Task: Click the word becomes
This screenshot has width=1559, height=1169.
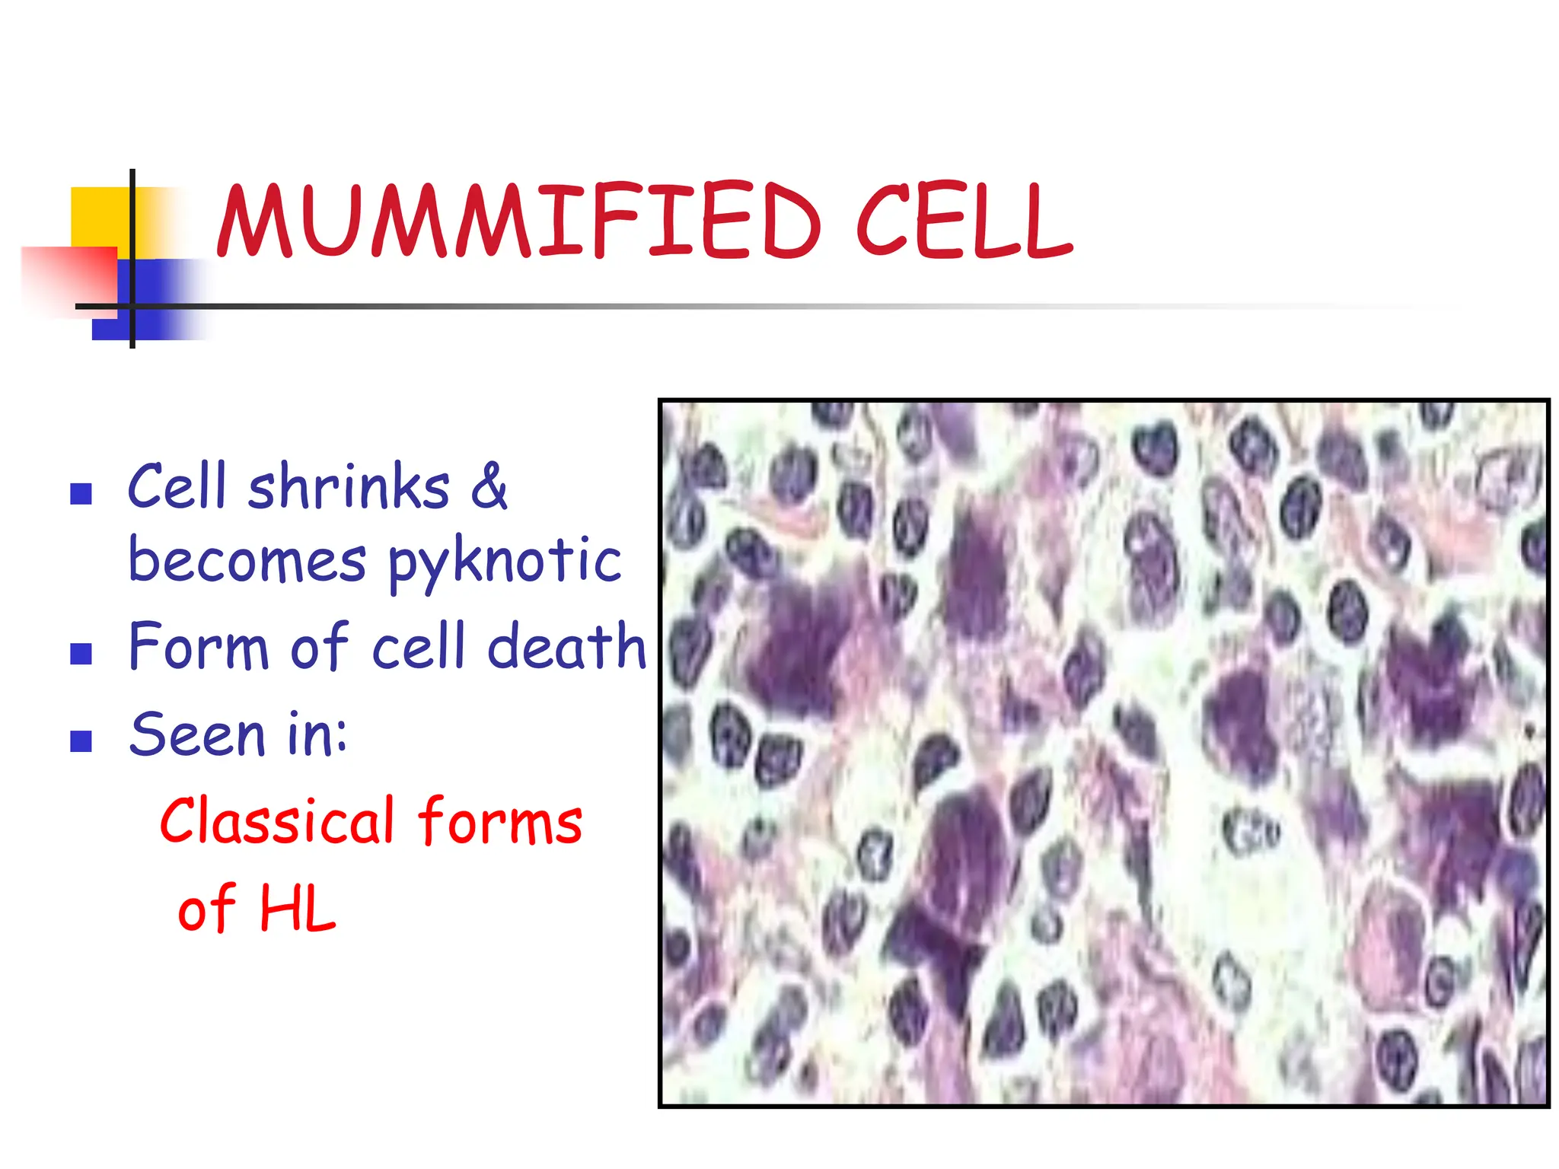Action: [247, 561]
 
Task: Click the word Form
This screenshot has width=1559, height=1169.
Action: [198, 647]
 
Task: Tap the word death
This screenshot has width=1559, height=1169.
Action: [566, 647]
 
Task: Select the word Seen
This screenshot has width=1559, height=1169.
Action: [196, 735]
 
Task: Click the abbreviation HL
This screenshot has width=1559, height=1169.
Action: [297, 909]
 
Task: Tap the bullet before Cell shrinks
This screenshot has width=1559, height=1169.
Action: [81, 495]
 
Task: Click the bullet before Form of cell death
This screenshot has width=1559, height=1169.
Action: [81, 654]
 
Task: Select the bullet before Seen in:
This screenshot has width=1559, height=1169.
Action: [81, 741]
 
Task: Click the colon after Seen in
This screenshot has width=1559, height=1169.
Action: [341, 737]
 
